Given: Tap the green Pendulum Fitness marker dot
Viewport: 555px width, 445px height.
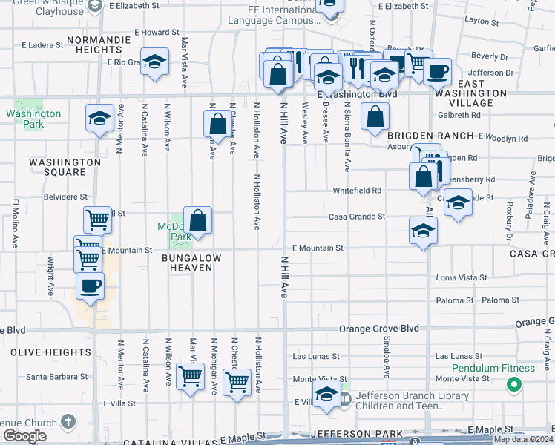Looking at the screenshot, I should pyautogui.click(x=513, y=384).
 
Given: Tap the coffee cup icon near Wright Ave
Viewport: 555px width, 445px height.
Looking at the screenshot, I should pyautogui.click(x=90, y=286).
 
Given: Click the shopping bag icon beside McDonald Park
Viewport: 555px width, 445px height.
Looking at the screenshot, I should pyautogui.click(x=197, y=220).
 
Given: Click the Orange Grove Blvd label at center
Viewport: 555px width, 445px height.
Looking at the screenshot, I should pyautogui.click(x=379, y=328).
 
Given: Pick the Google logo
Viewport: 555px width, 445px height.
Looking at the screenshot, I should pyautogui.click(x=24, y=436).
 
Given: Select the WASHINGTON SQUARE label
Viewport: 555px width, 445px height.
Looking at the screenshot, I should pyautogui.click(x=65, y=167).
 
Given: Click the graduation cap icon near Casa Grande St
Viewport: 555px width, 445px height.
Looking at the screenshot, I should pyautogui.click(x=423, y=230).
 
